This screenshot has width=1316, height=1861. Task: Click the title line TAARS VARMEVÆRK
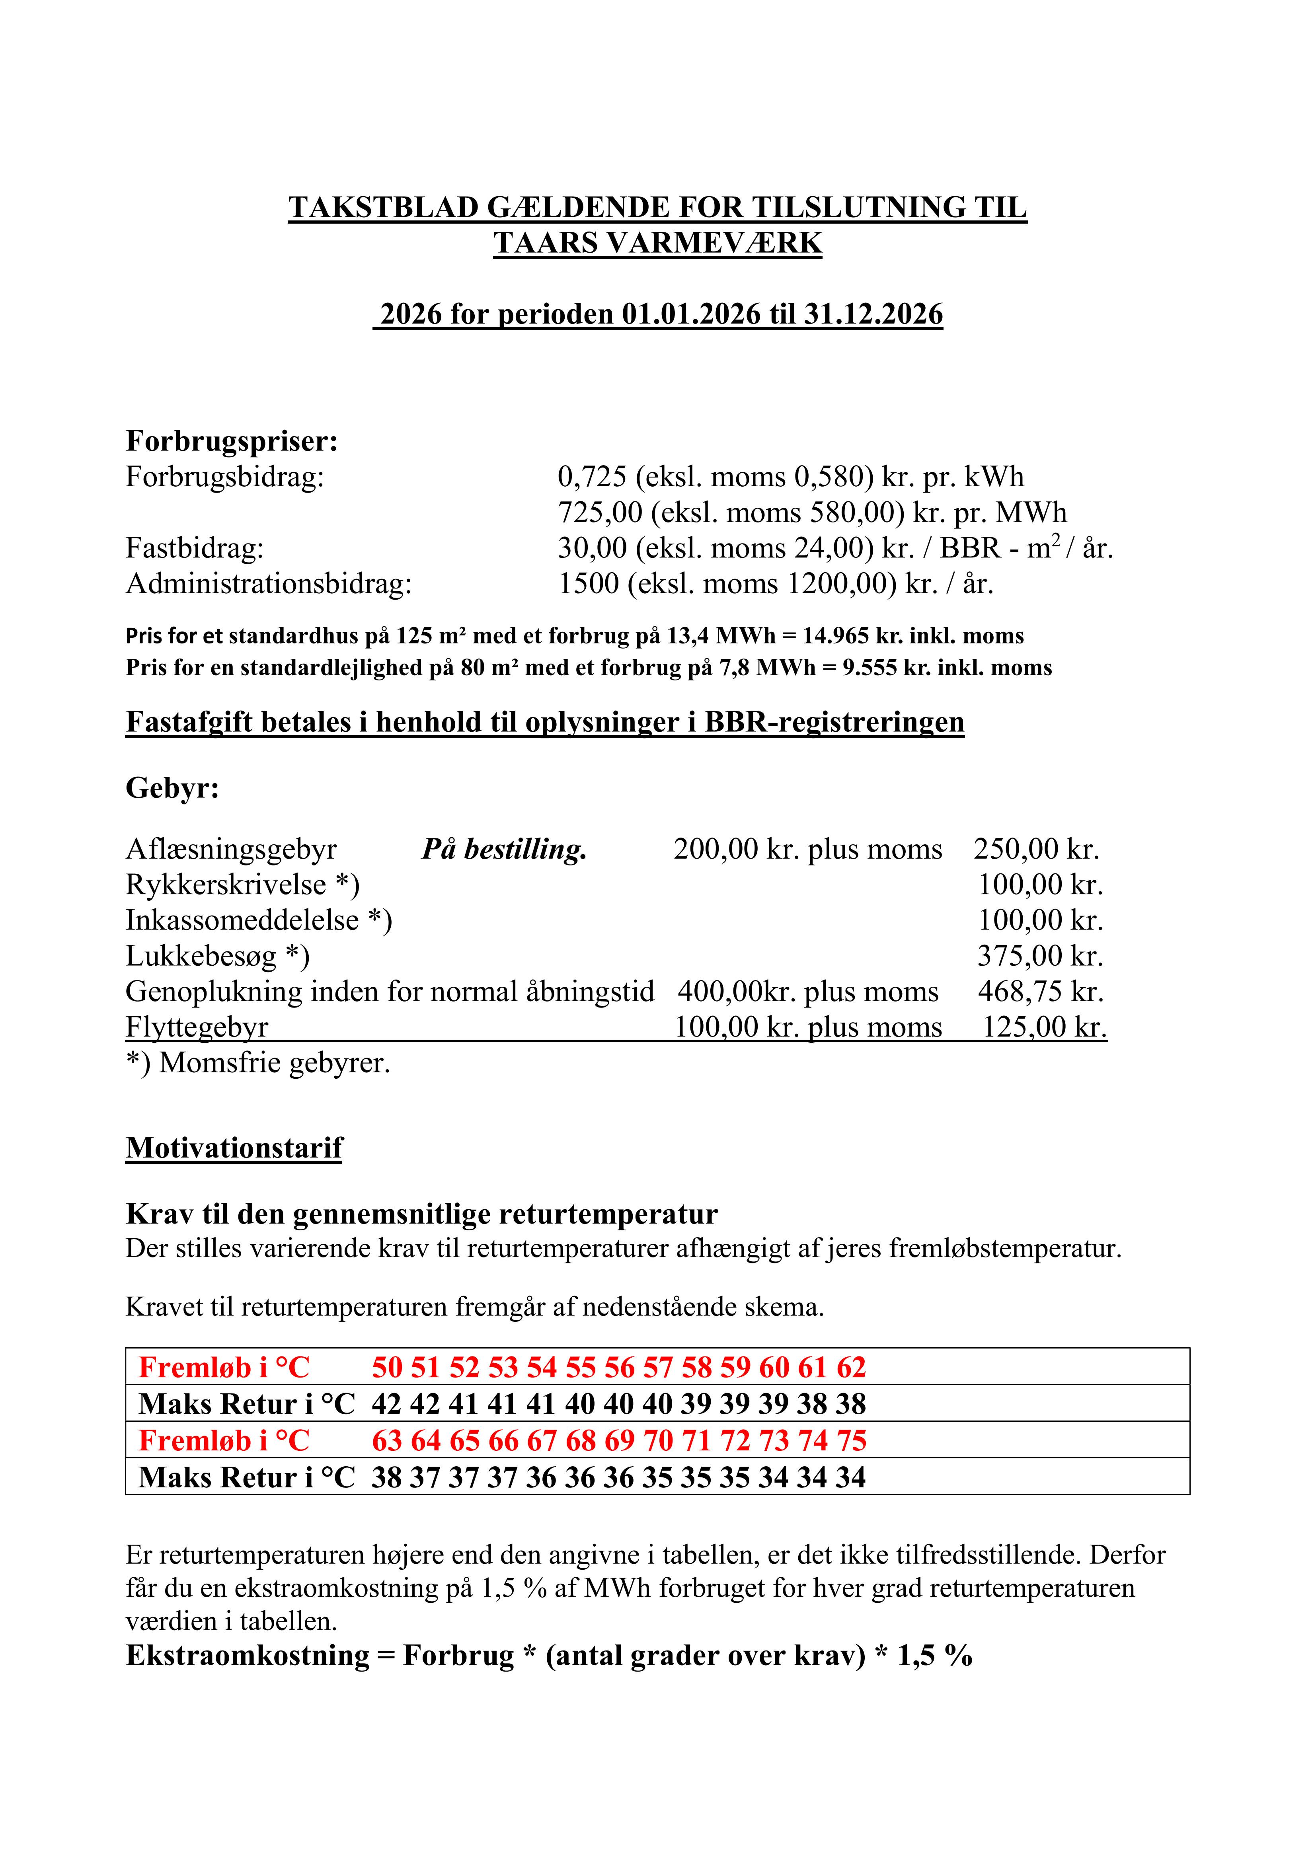(657, 243)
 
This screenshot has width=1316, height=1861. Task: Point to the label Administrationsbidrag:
(268, 584)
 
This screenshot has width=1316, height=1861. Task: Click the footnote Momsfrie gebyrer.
(274, 1063)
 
